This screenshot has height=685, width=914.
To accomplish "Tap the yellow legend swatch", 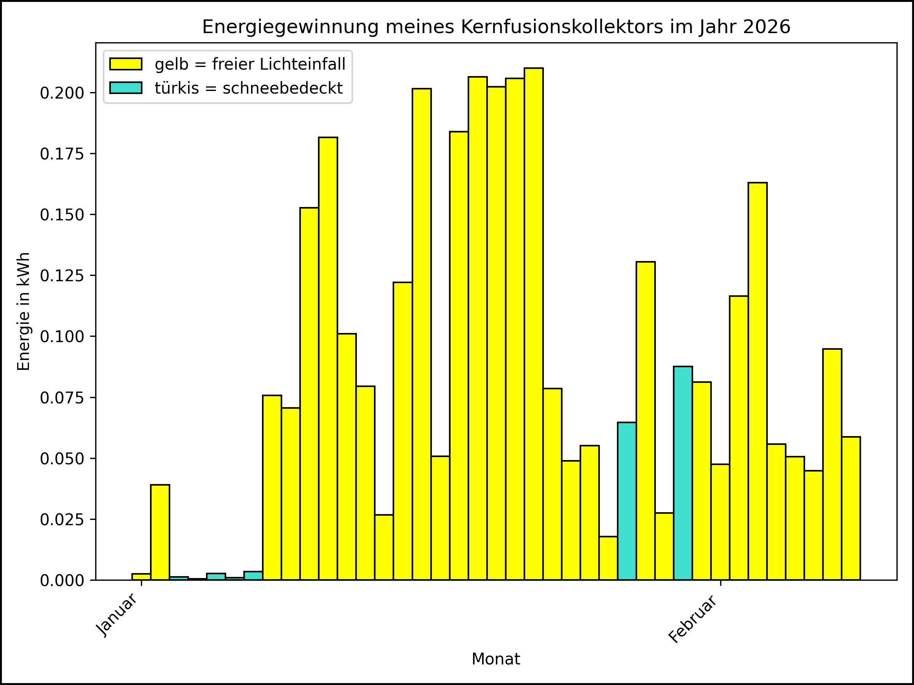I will point(126,64).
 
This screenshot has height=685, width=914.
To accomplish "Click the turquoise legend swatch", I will point(126,88).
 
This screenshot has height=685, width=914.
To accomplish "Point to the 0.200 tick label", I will point(62,93).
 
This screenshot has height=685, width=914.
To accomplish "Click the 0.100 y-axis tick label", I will point(62,337).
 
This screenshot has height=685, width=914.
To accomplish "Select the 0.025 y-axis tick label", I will point(62,520).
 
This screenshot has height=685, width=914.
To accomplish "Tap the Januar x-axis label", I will point(117,615).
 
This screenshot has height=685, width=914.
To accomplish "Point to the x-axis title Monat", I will point(495,659).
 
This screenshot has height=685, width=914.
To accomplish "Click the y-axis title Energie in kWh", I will point(24,311).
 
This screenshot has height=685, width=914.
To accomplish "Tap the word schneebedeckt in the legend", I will point(283,88).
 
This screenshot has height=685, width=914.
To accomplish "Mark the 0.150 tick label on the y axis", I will point(62,215).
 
